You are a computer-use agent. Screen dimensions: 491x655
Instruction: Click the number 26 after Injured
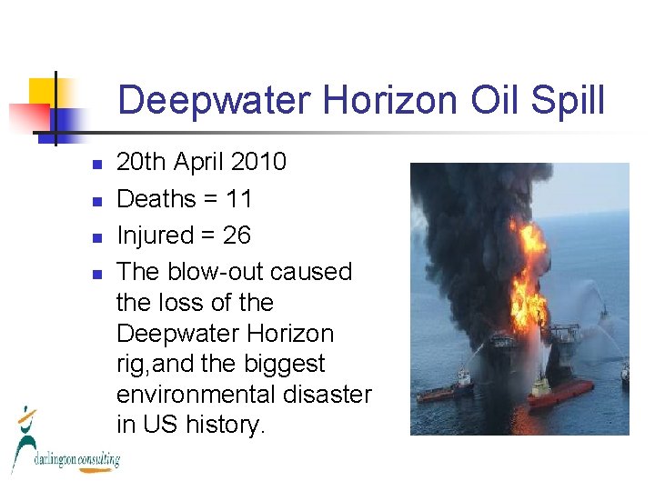[x=237, y=235]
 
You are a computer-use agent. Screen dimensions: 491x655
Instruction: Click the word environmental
[x=244, y=395]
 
